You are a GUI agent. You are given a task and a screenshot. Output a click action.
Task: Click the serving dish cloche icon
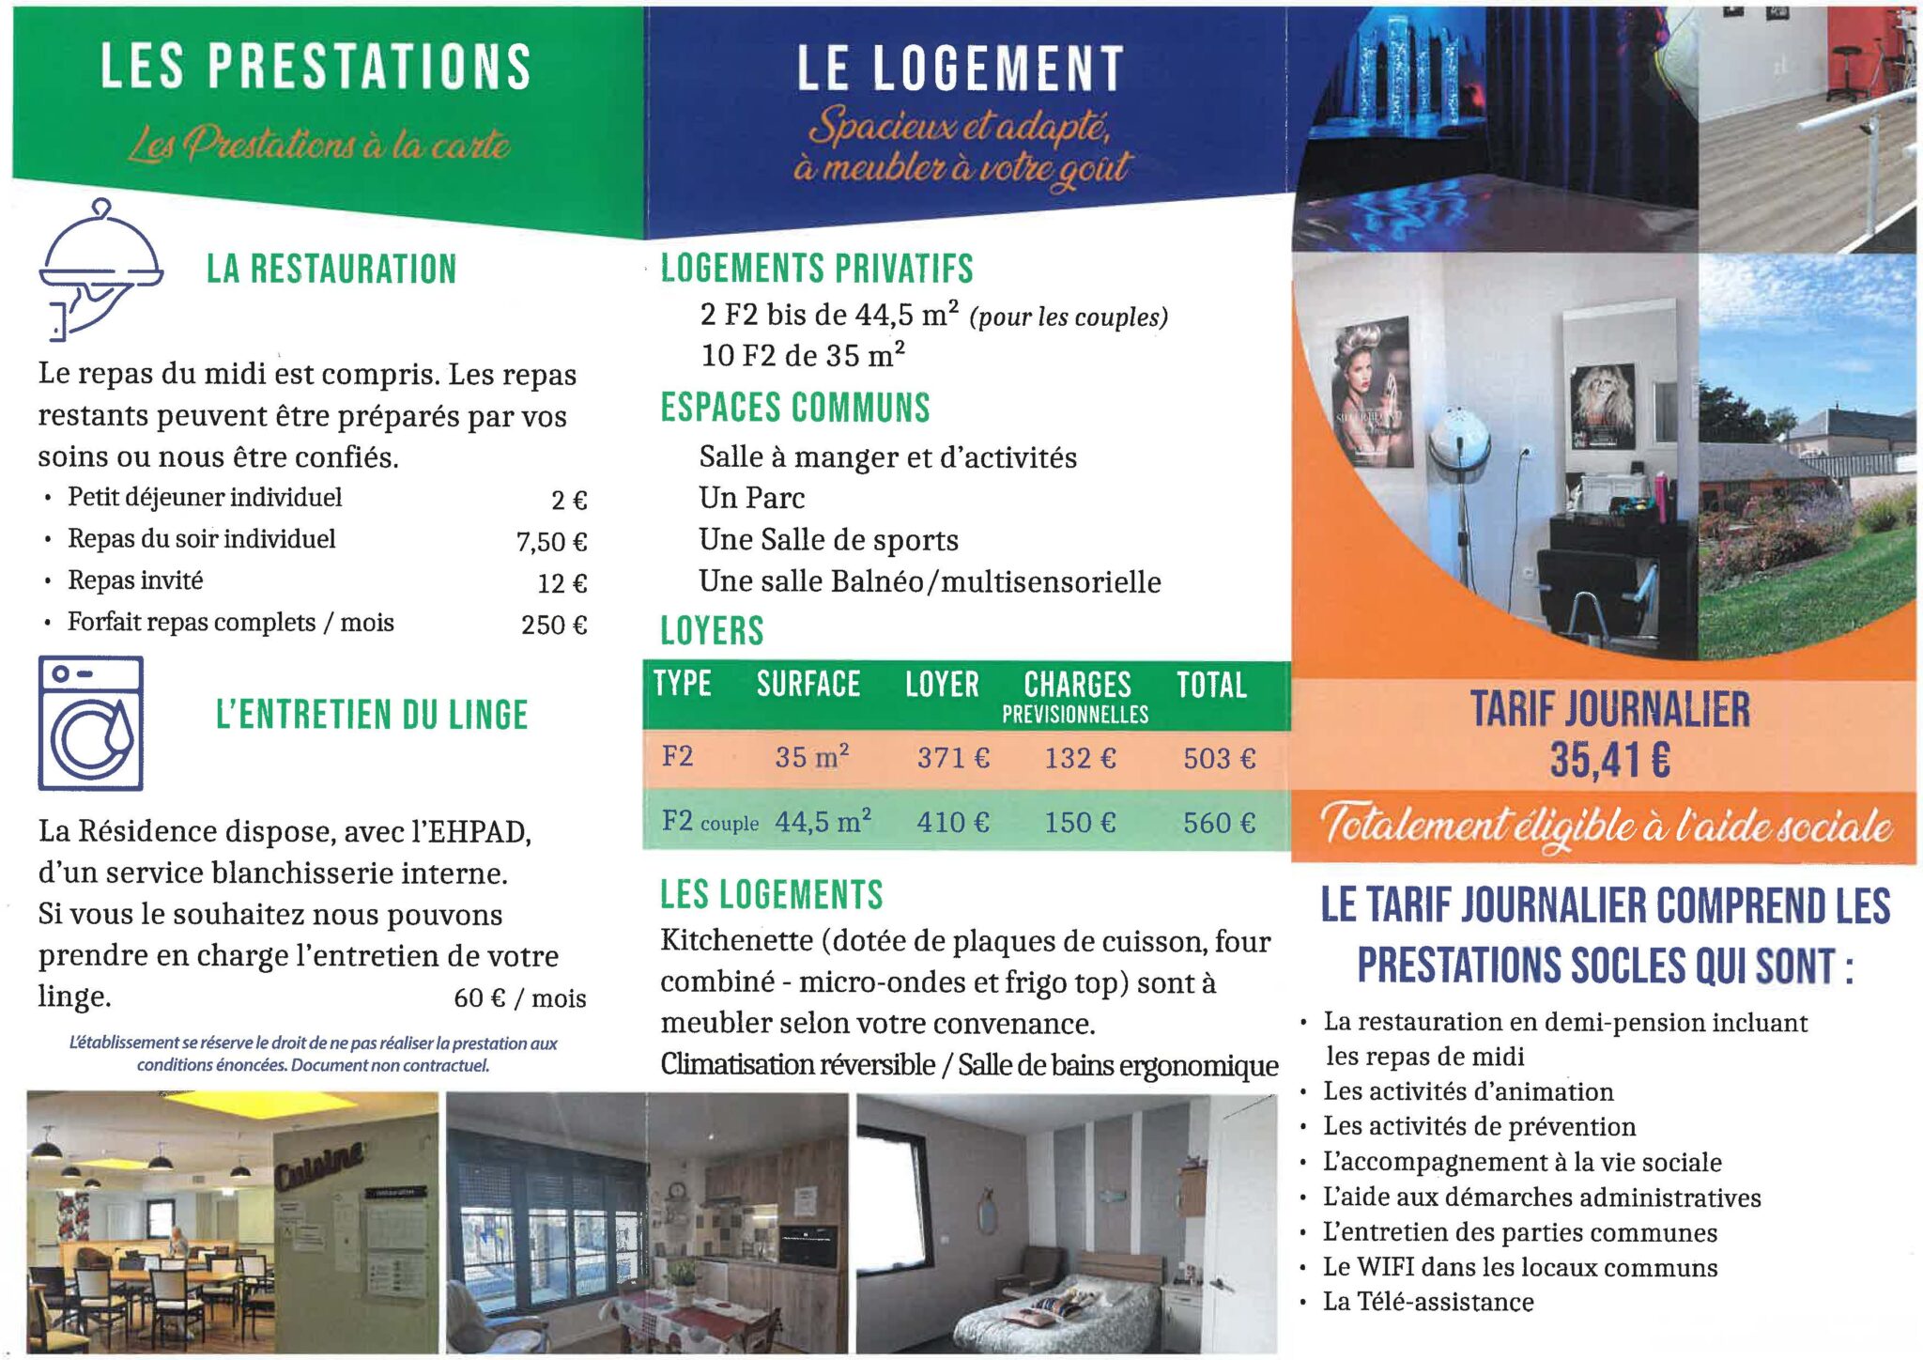coord(100,268)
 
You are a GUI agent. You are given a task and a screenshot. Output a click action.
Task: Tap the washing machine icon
coord(91,723)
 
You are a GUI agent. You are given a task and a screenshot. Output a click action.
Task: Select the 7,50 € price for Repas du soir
coord(551,542)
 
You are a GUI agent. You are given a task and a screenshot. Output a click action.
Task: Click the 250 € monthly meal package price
coord(554,625)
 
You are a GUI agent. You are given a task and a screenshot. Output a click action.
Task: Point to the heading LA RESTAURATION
coord(331,270)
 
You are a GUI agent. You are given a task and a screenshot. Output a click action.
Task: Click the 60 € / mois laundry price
coord(519,997)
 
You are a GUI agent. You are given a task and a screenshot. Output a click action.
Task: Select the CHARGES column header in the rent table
coord(1077,685)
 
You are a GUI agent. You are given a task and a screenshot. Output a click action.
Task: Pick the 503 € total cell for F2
coord(1219,759)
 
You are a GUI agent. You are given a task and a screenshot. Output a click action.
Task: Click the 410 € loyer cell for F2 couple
coord(953,823)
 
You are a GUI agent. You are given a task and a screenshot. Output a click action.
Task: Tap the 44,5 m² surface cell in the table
coord(823,822)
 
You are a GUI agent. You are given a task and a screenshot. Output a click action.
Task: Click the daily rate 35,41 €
coord(1609,760)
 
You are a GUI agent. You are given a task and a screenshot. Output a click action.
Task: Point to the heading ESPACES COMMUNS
coord(794,408)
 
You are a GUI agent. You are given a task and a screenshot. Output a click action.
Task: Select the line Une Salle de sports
coord(828,540)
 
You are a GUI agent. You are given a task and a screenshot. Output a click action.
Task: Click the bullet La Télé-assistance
coord(1428,1302)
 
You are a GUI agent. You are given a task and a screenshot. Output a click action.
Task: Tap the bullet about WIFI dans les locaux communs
coord(1519,1267)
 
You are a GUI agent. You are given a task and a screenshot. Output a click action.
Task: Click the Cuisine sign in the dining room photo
coord(319,1166)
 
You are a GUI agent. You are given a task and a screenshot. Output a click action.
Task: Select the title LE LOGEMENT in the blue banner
coord(960,70)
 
